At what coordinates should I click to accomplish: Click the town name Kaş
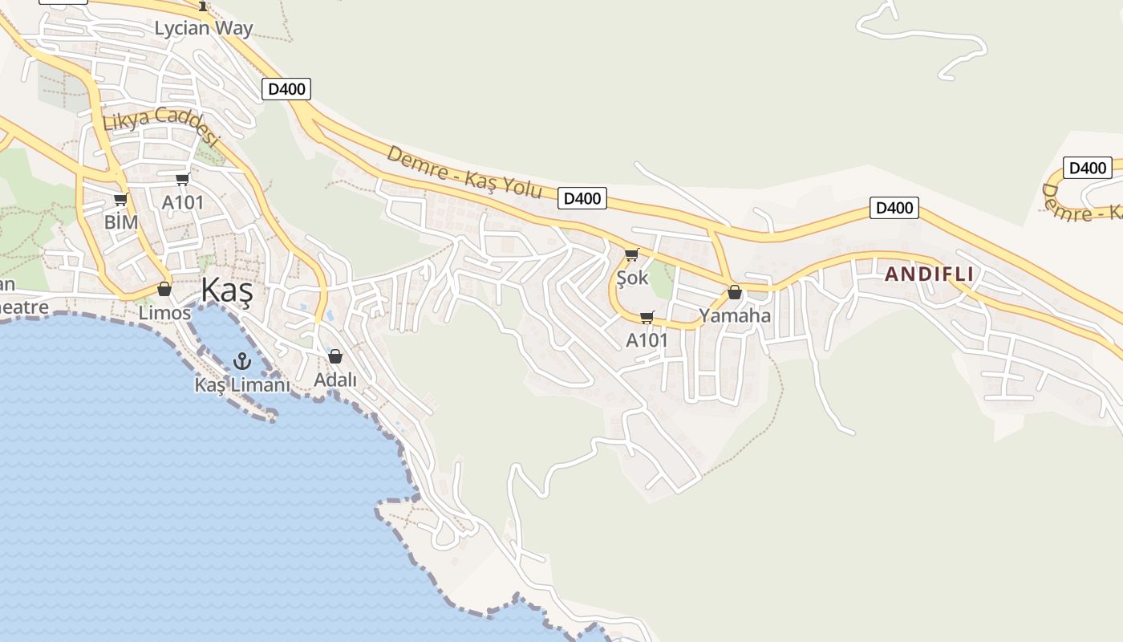[226, 290]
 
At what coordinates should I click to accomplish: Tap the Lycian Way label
[204, 28]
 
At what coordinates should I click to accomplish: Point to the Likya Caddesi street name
[160, 125]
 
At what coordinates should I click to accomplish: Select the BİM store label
[121, 221]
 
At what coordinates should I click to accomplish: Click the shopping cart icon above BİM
[120, 199]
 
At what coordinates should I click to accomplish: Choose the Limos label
[164, 313]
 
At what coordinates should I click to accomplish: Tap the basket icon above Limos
[164, 289]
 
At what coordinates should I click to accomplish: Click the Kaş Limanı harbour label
[241, 384]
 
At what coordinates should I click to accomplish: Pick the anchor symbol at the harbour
[241, 361]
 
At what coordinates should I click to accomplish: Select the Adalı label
[335, 380]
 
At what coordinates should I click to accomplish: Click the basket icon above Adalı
[335, 356]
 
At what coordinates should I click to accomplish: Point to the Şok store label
[632, 278]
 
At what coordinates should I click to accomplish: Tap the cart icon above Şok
[631, 255]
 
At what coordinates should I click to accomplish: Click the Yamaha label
[735, 315]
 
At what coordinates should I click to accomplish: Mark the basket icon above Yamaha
[734, 292]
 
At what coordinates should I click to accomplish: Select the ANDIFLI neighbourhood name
[929, 274]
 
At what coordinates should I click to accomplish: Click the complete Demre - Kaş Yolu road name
[464, 173]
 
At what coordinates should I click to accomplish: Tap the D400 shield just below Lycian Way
[286, 89]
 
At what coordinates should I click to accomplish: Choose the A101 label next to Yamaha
[647, 340]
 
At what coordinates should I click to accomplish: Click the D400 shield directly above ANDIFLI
[894, 209]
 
